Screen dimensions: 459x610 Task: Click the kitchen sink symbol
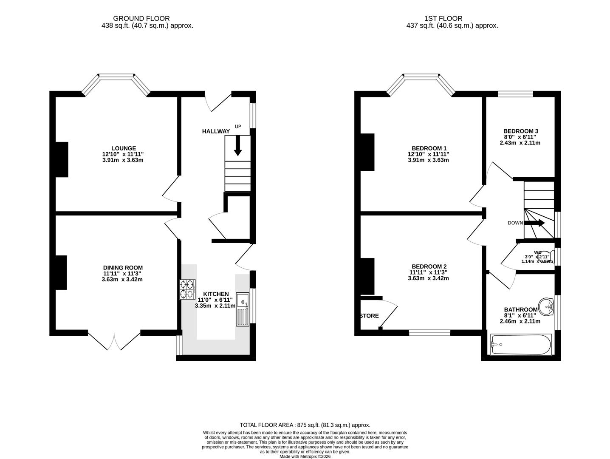click(x=243, y=309)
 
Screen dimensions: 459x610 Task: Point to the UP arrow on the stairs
click(x=237, y=145)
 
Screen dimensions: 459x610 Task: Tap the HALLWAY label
click(x=215, y=131)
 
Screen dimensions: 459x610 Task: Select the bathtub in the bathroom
click(x=521, y=344)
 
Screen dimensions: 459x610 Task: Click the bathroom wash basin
click(x=546, y=306)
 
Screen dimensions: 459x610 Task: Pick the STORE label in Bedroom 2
click(x=369, y=316)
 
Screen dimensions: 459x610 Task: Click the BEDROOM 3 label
click(x=520, y=131)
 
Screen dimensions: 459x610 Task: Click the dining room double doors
click(x=114, y=341)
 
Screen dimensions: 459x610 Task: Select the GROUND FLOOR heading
click(x=141, y=18)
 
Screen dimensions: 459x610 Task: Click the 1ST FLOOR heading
click(x=443, y=18)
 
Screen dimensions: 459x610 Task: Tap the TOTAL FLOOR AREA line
click(x=305, y=425)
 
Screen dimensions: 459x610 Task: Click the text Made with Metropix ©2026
click(x=305, y=456)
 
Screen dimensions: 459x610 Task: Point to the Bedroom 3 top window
click(x=515, y=94)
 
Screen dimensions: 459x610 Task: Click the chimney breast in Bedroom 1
click(x=367, y=152)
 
